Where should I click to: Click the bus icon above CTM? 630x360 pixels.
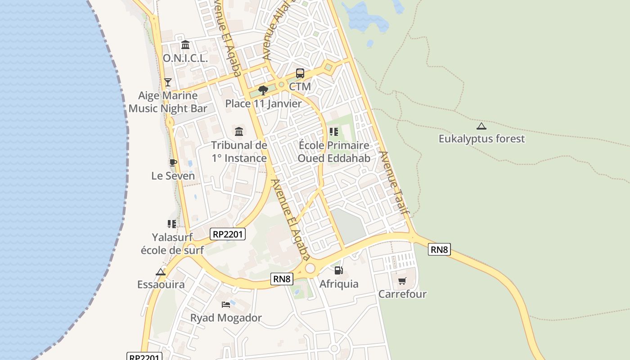[x=300, y=73]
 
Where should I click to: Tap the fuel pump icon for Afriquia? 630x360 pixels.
[x=339, y=270]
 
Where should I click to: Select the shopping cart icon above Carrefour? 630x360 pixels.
[x=402, y=281]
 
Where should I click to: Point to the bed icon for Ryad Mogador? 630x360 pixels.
[x=226, y=305]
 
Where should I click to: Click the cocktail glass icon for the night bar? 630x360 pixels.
[x=168, y=82]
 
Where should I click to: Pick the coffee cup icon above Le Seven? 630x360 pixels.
[x=173, y=162]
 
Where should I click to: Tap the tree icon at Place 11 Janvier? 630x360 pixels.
[x=263, y=90]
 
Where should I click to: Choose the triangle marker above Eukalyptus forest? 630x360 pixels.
[x=481, y=126]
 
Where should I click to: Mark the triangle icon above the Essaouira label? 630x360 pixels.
[x=161, y=272]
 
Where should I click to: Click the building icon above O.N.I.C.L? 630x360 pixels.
[x=185, y=45]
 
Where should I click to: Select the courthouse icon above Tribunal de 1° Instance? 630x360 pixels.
[x=239, y=132]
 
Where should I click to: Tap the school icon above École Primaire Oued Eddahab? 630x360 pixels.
[x=333, y=132]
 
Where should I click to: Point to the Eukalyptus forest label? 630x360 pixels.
[x=481, y=139]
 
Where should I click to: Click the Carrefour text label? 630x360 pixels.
[x=402, y=294]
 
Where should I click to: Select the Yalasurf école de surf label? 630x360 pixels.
[x=172, y=243]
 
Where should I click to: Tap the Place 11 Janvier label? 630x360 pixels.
[x=263, y=103]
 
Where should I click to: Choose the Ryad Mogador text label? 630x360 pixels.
[x=226, y=318]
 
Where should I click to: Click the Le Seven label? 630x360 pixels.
[x=173, y=175]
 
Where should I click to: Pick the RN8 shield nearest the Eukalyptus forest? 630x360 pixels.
[x=439, y=249]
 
